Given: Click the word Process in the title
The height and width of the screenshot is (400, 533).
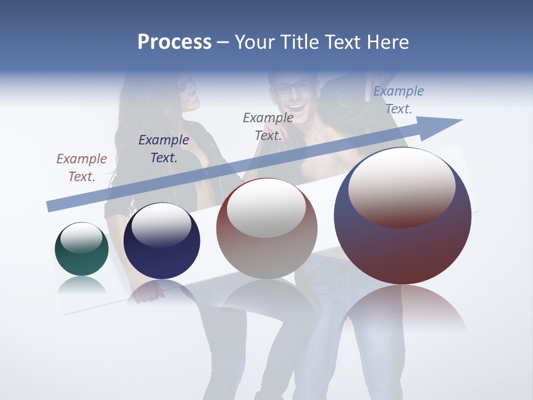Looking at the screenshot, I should (174, 42).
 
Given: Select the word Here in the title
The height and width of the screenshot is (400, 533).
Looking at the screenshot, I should (387, 42).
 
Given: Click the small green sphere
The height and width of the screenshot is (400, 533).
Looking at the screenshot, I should (82, 261).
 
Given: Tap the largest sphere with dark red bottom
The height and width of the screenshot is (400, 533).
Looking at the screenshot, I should (403, 250).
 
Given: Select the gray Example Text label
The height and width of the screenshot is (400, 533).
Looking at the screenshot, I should (268, 126).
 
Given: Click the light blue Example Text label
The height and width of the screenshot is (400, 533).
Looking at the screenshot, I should (399, 100).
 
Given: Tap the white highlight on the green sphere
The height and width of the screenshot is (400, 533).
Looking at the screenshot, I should (82, 238).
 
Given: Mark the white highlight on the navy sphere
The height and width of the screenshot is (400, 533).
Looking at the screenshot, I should (161, 224).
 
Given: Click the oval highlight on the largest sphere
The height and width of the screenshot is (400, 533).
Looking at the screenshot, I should (402, 187).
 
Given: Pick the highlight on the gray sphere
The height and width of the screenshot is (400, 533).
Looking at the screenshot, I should (266, 208).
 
